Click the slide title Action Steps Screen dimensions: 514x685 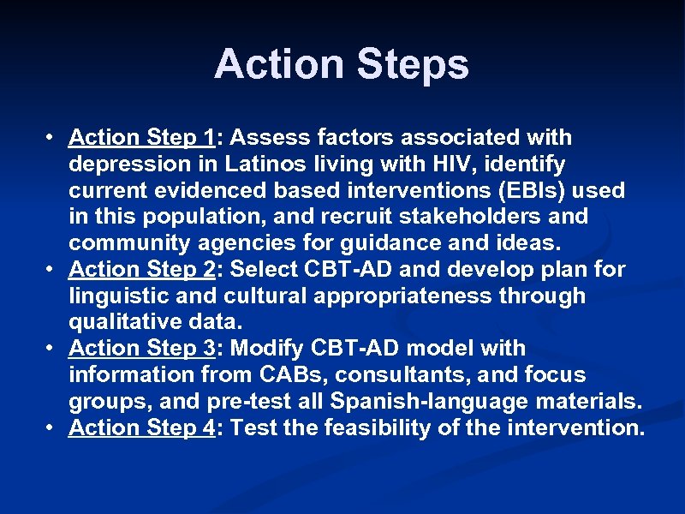(342, 65)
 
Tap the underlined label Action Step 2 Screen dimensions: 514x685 (141, 269)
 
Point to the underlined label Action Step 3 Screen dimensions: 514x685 (141, 349)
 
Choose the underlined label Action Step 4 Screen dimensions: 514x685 (141, 427)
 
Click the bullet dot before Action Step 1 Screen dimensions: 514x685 (52, 138)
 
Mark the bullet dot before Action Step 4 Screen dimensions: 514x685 (52, 428)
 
